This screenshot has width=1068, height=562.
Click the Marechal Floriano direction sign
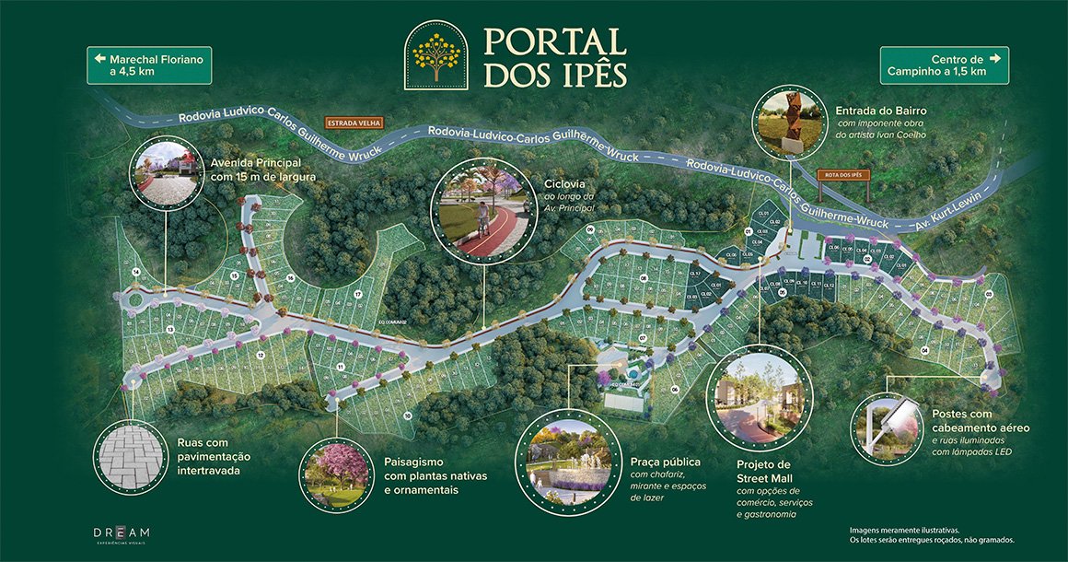point(149,65)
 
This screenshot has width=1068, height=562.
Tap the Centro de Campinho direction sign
point(944,65)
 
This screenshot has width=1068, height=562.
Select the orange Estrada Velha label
point(354,123)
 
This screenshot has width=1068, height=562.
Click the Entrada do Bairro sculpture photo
point(790,123)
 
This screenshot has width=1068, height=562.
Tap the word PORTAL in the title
point(555,41)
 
